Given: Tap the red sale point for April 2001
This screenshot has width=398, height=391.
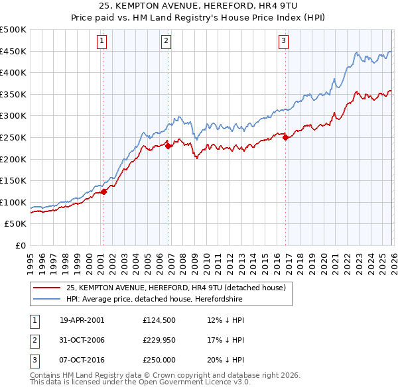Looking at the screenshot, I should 104,192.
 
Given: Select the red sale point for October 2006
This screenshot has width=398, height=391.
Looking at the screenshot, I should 168,146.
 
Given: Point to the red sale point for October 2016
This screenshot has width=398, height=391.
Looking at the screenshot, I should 286,138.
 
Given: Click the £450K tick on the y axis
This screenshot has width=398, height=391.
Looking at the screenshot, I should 13,51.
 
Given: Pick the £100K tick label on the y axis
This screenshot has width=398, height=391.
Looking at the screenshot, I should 13,202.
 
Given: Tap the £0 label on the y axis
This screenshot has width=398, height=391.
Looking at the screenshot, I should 20,245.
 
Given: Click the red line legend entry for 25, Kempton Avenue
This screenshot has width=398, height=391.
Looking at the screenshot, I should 175,288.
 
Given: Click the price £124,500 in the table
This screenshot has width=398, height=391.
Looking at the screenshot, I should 159,320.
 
